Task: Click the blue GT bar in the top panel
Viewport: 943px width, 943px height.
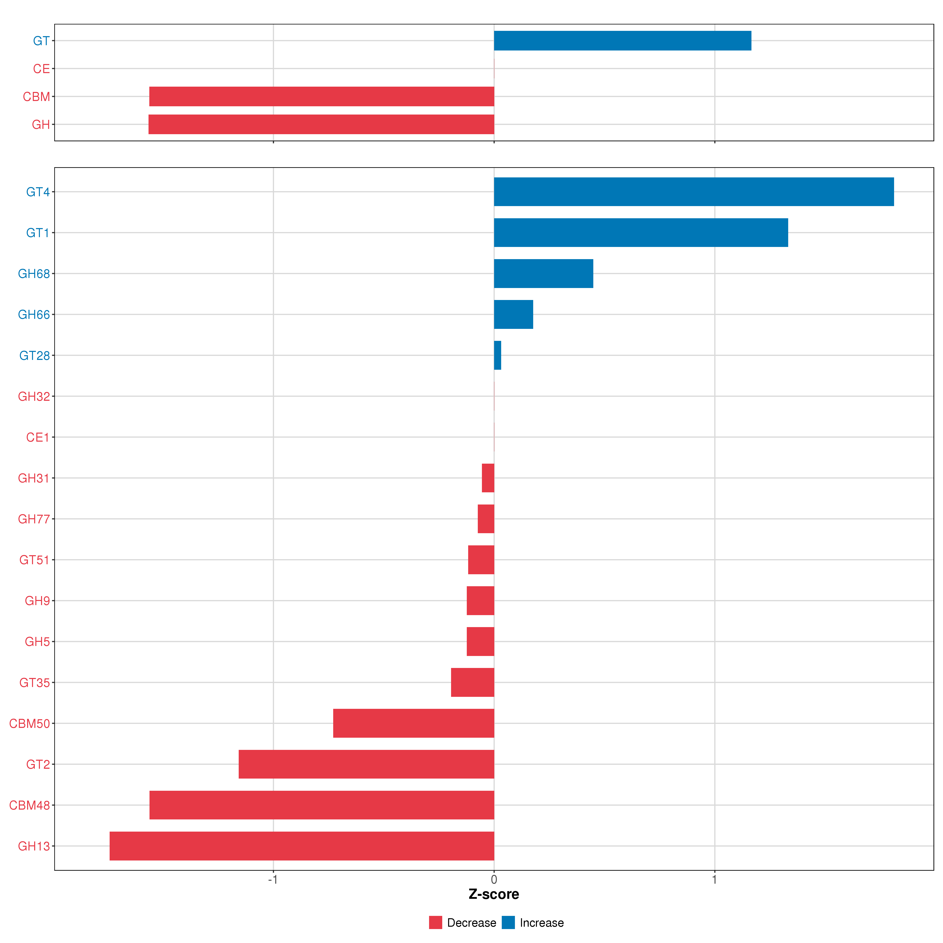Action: click(622, 40)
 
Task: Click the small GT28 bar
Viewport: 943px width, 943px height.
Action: click(497, 355)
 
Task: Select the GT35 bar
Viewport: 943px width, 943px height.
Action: click(472, 682)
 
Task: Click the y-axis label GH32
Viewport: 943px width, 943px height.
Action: click(34, 396)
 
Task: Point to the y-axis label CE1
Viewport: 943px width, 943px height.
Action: click(38, 437)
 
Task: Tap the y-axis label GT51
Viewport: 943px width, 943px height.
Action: click(34, 560)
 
